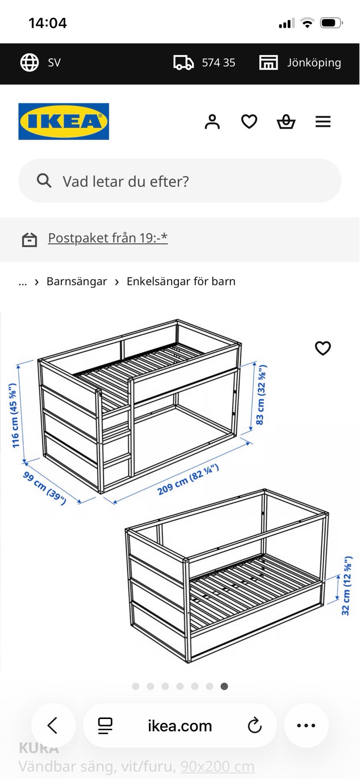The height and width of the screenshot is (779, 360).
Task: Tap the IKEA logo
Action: [x=64, y=121]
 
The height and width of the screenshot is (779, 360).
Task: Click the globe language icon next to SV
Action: [x=29, y=62]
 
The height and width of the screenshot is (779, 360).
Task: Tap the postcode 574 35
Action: [x=218, y=63]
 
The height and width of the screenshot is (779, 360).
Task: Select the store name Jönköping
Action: [x=314, y=63]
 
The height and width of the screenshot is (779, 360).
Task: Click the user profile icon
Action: [x=212, y=122]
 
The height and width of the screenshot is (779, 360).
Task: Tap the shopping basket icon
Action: [x=286, y=122]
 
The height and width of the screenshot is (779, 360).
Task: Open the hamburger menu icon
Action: [x=323, y=122]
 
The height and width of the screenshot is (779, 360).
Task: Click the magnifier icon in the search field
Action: [x=44, y=181]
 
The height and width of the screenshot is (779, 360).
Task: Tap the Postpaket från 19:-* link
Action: [x=108, y=238]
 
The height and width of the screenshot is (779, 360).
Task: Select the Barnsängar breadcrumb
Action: [x=76, y=282]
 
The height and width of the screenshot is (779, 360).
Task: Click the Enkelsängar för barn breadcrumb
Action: [x=181, y=282]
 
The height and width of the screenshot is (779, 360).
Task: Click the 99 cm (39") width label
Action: [x=45, y=488]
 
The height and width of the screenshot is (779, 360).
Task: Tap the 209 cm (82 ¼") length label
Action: [x=187, y=479]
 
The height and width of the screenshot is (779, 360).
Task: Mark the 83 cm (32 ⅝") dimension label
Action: [x=261, y=394]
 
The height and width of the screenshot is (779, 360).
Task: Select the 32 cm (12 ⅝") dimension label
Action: [x=346, y=586]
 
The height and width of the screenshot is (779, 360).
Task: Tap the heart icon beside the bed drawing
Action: [x=323, y=348]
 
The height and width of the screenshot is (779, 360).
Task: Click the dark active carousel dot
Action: [x=224, y=686]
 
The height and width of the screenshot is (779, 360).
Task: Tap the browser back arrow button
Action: [x=53, y=725]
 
